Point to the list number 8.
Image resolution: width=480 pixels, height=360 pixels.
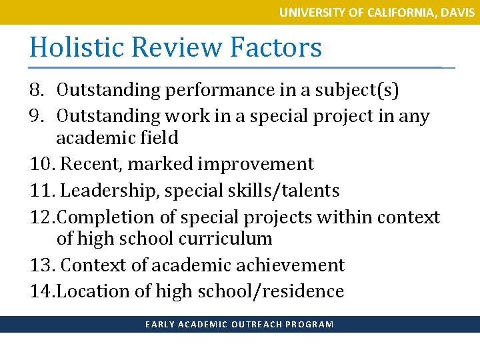coord(38,90)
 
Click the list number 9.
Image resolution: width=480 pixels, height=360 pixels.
coord(38,116)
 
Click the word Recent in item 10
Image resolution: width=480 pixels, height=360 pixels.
coord(91,164)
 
